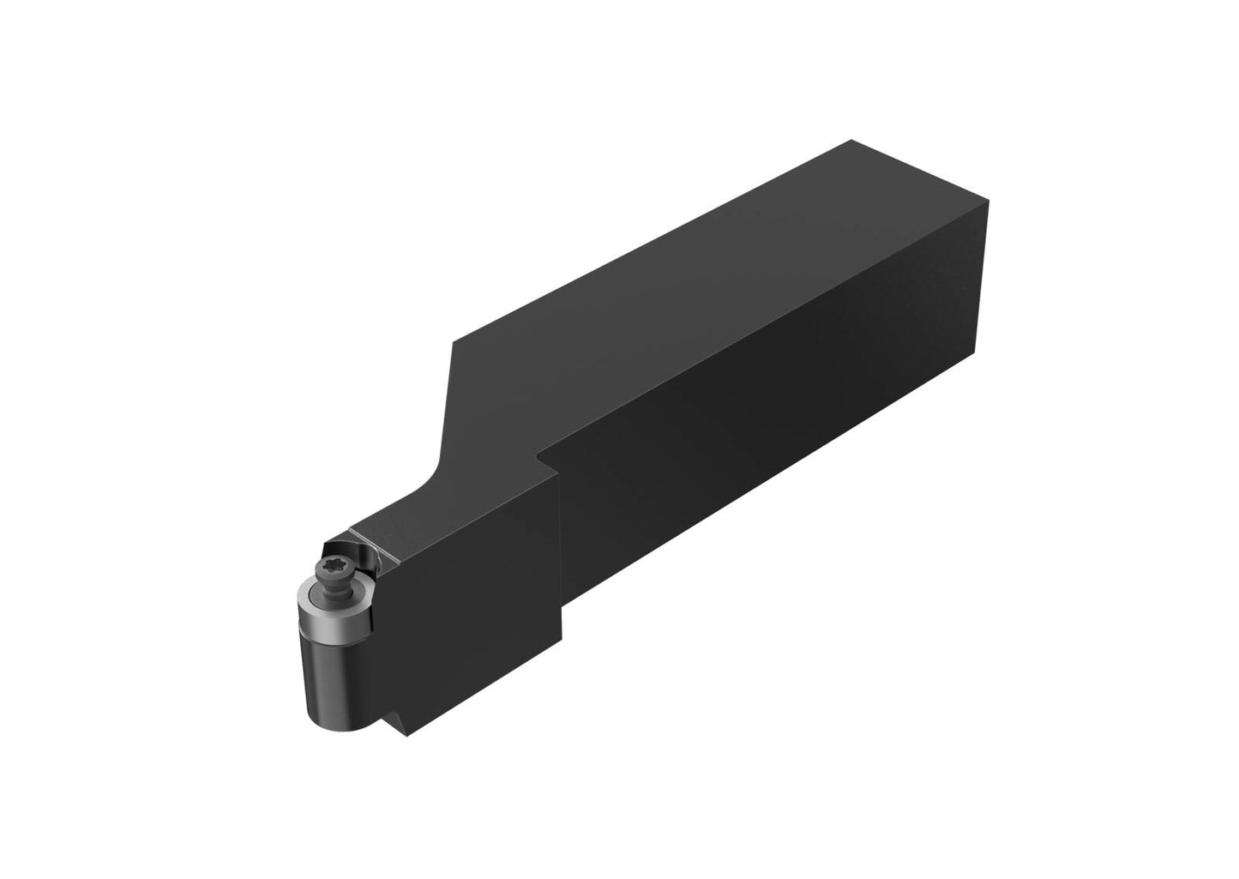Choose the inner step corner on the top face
coord(537,452)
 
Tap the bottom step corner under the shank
coord(562,639)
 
